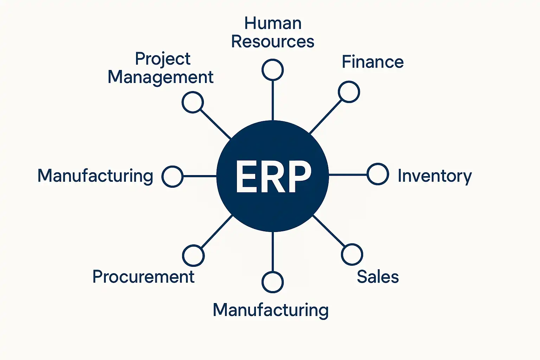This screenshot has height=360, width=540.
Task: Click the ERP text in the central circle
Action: coord(274,176)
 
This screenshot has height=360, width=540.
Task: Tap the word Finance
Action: coord(373,62)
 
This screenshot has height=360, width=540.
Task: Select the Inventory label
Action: coord(435,176)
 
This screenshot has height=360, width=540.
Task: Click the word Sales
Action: coord(378,277)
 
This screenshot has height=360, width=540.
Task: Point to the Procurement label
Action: coord(143,277)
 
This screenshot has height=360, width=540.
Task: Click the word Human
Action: coord(273,24)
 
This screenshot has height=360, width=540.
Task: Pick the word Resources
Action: coord(273,41)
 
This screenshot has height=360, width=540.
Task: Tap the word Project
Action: coord(163,59)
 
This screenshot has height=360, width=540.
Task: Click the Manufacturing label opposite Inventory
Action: coord(96,176)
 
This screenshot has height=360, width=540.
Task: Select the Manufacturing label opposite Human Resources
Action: coord(271,310)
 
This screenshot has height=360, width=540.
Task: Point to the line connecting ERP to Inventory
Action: coord(348,175)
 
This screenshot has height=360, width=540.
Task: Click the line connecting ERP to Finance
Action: coord(326,117)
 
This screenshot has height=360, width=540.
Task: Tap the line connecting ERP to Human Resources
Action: coord(273,101)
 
